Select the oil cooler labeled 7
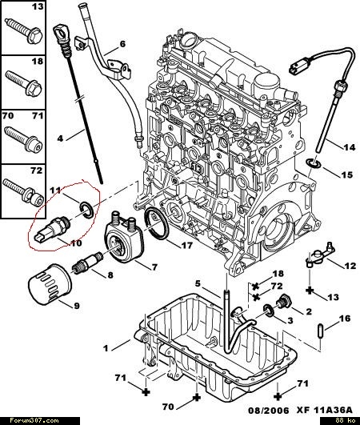[124, 237]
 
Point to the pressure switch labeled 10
[53, 228]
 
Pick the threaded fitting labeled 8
[87, 262]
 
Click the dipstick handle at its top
[62, 34]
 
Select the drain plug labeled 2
[283, 301]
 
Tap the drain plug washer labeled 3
[269, 311]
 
